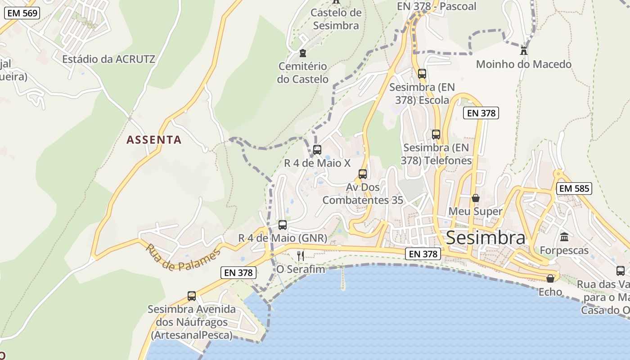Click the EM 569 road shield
click(22, 13)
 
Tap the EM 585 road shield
click(574, 189)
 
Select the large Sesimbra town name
click(486, 238)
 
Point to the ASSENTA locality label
click(154, 140)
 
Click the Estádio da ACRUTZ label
click(108, 59)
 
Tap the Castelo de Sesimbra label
click(336, 19)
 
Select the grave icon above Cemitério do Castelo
click(303, 54)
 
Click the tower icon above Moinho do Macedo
click(523, 50)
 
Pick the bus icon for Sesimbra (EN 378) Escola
click(422, 74)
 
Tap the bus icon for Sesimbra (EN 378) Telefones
click(436, 135)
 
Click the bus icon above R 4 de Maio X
click(317, 150)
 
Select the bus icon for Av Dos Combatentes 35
click(363, 174)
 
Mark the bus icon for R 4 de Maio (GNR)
click(283, 225)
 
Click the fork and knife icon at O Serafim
click(301, 256)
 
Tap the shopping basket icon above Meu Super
click(476, 198)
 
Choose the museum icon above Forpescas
click(564, 237)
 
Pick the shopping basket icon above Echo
click(550, 279)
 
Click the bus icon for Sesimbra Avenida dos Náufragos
click(192, 296)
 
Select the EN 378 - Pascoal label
click(436, 6)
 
